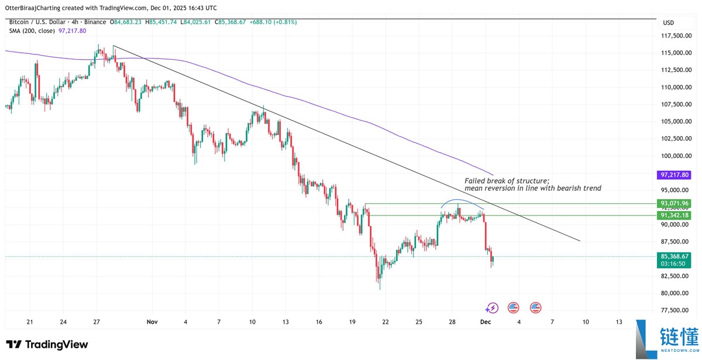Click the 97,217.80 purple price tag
coord(675,175)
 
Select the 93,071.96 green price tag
coord(675,203)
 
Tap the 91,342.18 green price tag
coord(675,215)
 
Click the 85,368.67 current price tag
coord(675,256)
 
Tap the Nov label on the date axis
coord(152,322)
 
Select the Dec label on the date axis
coord(485,322)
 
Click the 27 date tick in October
coord(97,322)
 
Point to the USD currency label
coord(668,22)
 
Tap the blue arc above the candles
coord(462,201)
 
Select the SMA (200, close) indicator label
coord(32,30)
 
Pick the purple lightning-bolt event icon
coord(492,307)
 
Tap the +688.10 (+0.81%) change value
coord(273,22)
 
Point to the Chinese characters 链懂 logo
coord(678,338)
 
